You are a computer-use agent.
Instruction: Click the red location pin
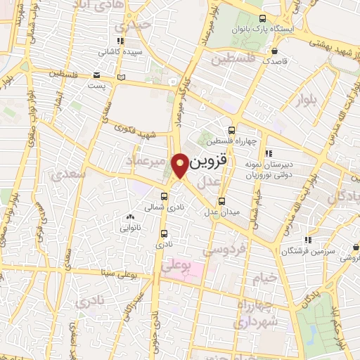(x=181, y=164)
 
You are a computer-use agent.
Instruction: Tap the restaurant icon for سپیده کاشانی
(x=121, y=41)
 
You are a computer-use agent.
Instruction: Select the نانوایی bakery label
(x=131, y=228)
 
